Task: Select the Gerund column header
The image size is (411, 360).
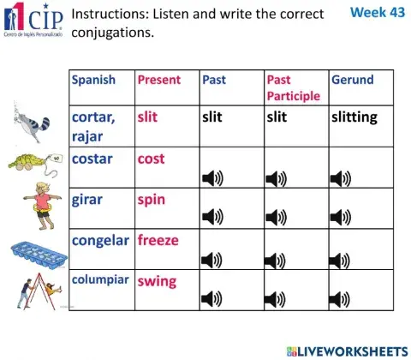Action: (x=352, y=80)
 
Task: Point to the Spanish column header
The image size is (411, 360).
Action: (x=93, y=80)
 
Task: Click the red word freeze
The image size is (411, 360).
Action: (x=158, y=240)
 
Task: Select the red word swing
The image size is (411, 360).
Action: (x=157, y=280)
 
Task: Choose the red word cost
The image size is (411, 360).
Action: (x=152, y=159)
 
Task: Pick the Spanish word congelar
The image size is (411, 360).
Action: (x=101, y=240)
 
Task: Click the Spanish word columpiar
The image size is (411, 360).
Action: (x=100, y=279)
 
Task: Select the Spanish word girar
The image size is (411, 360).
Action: (x=87, y=200)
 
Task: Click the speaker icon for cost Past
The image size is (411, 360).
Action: (x=211, y=178)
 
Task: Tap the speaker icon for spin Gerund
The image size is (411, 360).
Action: (x=341, y=219)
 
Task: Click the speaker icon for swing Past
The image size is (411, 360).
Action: (x=211, y=299)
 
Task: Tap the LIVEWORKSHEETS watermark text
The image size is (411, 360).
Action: (x=353, y=350)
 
